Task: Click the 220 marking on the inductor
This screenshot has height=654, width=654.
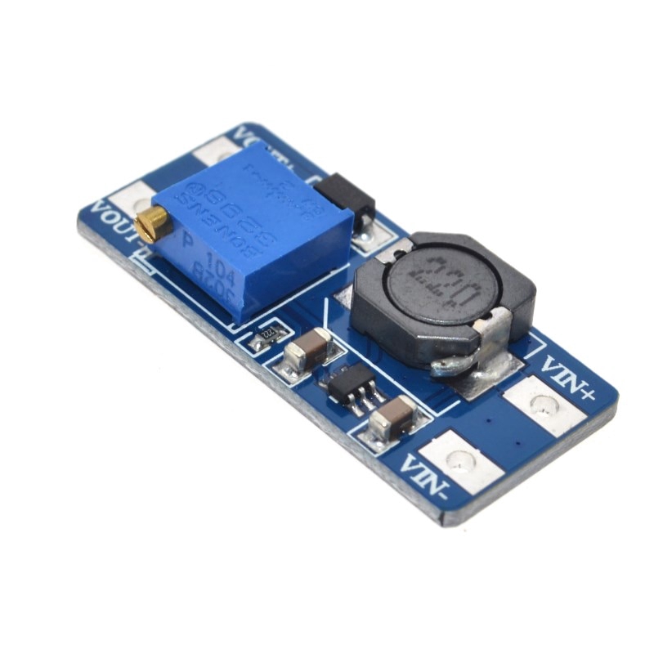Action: [x=439, y=284]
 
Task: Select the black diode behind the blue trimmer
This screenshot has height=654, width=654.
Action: [x=344, y=194]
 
